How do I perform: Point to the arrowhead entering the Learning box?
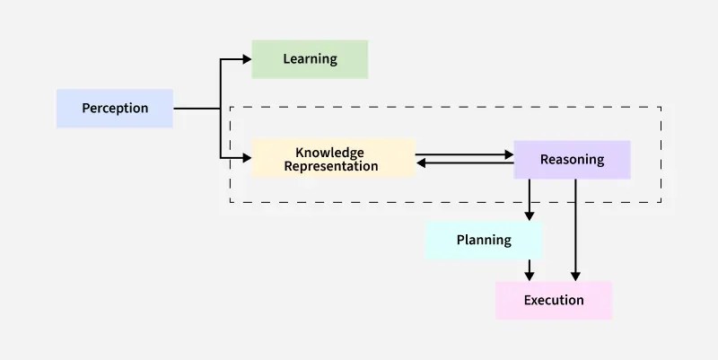click(247, 59)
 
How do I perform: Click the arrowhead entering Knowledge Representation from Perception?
click(247, 159)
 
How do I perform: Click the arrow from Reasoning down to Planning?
click(530, 199)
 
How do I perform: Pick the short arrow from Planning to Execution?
click(530, 270)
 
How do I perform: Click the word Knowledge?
click(329, 153)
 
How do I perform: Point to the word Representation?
click(331, 166)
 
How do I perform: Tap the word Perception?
click(115, 108)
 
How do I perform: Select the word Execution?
click(554, 300)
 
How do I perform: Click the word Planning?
click(484, 240)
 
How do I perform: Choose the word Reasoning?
click(572, 160)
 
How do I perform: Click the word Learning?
click(310, 58)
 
